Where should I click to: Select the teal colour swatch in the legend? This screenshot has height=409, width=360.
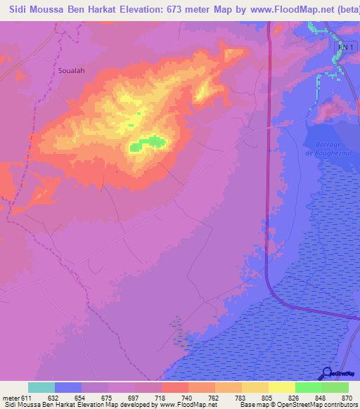[x=41, y=387]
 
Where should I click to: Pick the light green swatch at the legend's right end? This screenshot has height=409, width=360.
[x=335, y=387]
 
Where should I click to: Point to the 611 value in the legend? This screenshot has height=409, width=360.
[x=27, y=398]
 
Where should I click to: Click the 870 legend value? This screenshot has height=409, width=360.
[x=347, y=398]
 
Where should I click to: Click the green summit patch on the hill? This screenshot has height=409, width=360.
[x=148, y=143]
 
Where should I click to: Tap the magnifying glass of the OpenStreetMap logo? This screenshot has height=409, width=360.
[x=325, y=374]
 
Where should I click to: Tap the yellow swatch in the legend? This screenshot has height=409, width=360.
[x=281, y=387]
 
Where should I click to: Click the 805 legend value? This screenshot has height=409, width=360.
[x=268, y=398]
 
